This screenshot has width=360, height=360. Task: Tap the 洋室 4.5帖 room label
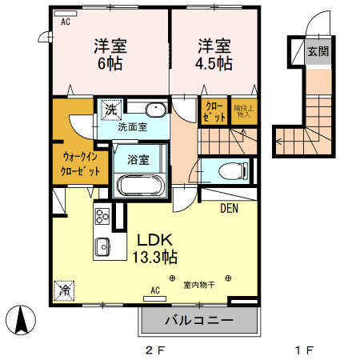click(215, 53)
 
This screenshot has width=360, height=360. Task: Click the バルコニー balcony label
click(200, 322)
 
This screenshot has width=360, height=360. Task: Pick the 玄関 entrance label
click(318, 52)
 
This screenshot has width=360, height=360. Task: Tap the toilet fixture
click(233, 170)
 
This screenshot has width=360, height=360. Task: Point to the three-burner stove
click(103, 216)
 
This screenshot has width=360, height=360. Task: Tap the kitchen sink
click(102, 246)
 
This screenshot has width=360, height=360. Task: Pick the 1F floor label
click(302, 350)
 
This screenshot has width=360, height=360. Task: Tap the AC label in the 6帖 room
click(65, 22)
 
